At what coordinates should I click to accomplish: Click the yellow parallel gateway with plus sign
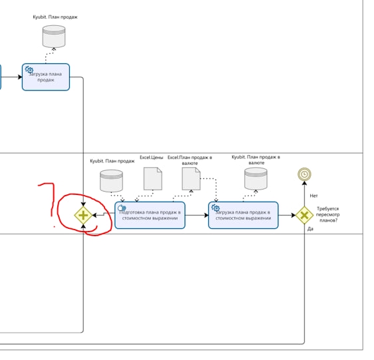(83, 216)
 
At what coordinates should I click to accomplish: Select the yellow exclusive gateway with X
(304, 216)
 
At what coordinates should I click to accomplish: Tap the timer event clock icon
(304, 174)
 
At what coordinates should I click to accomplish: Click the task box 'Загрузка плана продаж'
(46, 77)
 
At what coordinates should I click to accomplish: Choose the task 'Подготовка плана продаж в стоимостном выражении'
(150, 215)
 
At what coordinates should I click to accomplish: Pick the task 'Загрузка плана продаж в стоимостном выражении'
(244, 215)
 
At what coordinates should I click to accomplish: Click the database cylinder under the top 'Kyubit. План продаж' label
(54, 37)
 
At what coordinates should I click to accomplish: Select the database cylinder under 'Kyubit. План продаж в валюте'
(256, 179)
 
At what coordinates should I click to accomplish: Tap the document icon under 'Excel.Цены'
(153, 179)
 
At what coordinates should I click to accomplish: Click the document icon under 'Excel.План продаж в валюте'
(191, 179)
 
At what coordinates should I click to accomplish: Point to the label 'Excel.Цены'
(152, 158)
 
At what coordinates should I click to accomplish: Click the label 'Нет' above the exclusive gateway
(313, 196)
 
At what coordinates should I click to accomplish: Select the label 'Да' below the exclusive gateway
(310, 229)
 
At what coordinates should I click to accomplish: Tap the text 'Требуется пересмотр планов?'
(327, 214)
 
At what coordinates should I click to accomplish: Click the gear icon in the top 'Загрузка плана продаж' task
(29, 70)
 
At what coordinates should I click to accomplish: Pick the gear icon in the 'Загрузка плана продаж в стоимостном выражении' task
(216, 208)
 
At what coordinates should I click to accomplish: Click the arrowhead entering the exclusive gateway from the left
(293, 216)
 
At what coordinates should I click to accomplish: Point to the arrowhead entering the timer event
(304, 183)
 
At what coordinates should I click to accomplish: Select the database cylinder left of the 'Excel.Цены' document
(111, 181)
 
